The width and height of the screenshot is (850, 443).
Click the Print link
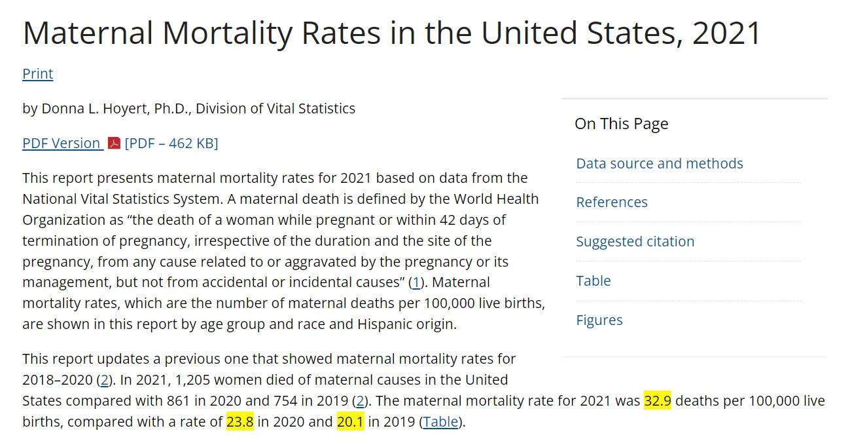pos(37,73)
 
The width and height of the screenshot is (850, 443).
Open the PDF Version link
pos(63,144)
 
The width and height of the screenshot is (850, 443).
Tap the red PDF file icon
pos(114,143)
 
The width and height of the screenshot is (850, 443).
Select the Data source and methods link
pos(659,164)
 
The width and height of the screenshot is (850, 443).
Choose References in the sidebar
pos(612,202)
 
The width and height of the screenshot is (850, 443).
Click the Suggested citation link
pos(635,242)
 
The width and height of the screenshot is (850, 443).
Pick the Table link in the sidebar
pos(593,280)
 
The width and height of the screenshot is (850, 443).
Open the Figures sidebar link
pos(599,320)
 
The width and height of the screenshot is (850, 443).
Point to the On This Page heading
pos(622,124)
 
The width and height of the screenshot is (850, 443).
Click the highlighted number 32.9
pos(658,400)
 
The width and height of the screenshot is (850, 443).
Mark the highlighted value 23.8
pos(240,421)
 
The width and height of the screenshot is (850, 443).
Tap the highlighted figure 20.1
pos(350,421)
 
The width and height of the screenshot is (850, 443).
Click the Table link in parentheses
pos(440,422)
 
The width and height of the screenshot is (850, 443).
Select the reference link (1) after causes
pos(416,282)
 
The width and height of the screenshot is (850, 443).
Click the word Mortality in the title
pos(228,33)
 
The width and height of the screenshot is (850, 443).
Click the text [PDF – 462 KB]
pos(171,144)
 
